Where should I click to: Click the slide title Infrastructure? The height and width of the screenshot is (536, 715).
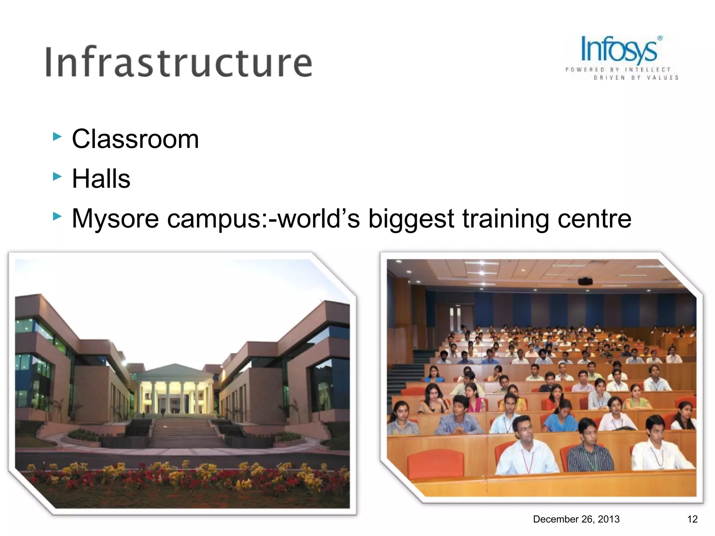coord(179,62)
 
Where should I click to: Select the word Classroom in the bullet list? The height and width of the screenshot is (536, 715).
coord(135,139)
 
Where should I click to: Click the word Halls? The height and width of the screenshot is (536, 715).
coord(101,179)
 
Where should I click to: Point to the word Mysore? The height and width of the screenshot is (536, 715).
coord(115,219)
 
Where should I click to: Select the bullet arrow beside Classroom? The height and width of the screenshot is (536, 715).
coord(57,136)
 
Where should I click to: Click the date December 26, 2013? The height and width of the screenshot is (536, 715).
coord(576,519)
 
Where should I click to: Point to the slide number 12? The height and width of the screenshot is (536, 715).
coord(692,519)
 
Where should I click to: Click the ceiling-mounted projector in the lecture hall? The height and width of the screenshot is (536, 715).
coord(585,281)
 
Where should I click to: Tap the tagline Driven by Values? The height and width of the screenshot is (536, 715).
coord(636,77)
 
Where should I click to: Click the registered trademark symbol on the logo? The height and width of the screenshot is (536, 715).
coord(660,38)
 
